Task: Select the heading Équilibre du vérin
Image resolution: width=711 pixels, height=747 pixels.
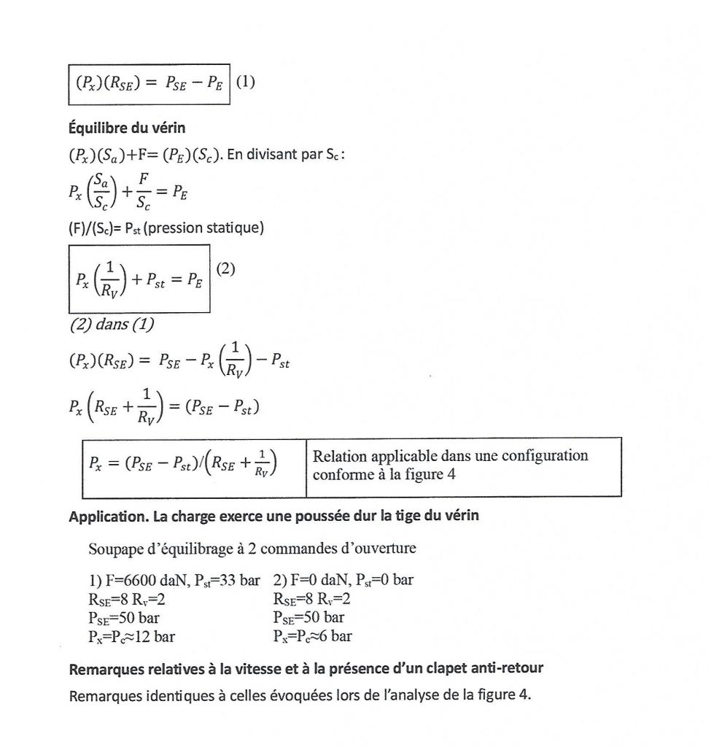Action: click(x=127, y=128)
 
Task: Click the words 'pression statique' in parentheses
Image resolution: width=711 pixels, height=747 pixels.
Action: click(x=214, y=228)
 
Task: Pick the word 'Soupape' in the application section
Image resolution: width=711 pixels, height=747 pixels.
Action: click(x=112, y=548)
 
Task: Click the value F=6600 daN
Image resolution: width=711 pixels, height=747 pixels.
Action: click(x=132, y=581)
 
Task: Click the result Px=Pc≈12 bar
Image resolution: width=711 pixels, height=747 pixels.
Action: click(x=131, y=636)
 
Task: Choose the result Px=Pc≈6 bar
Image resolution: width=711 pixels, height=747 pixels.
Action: click(x=312, y=636)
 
